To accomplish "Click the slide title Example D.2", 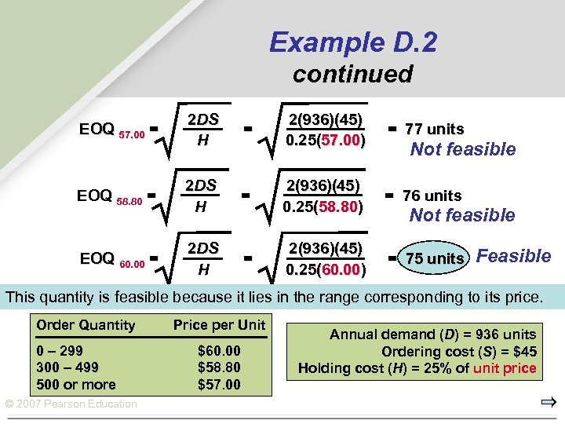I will point(352,42).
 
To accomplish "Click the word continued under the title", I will point(352,74).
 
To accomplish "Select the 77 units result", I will point(434,129).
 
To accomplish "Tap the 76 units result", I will point(432,196).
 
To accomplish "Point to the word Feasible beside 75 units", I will point(514,256).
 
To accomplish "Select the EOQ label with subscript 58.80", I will point(109,197).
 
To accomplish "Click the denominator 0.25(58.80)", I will point(323,206).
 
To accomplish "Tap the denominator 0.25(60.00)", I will point(323,269).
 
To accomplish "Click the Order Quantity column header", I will point(86,325).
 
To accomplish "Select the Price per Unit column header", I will point(219,325).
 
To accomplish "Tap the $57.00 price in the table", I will point(219,385).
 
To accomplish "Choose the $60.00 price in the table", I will point(219,351).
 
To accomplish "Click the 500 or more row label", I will point(76,385).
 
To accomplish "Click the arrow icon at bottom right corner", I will point(548,403).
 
